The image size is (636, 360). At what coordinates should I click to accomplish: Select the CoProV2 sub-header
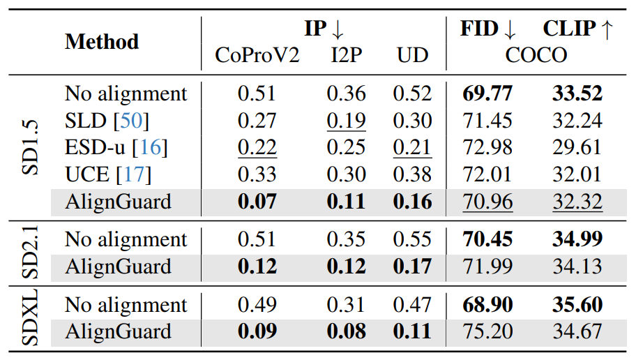[257, 55]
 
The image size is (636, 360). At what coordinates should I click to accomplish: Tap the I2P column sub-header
[346, 55]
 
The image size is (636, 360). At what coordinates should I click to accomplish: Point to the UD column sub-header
[412, 55]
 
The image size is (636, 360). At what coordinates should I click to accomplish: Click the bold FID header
[488, 29]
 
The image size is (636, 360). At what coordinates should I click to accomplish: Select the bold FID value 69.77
[487, 93]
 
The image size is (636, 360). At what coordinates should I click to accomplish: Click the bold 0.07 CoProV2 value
[257, 202]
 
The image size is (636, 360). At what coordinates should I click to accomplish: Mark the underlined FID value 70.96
[487, 202]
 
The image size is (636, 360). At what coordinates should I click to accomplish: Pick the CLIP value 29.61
[577, 148]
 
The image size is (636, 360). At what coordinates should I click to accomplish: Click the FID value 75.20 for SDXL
[487, 332]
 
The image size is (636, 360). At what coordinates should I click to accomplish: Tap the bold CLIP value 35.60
[577, 306]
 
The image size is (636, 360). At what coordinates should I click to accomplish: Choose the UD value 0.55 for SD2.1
[412, 240]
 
